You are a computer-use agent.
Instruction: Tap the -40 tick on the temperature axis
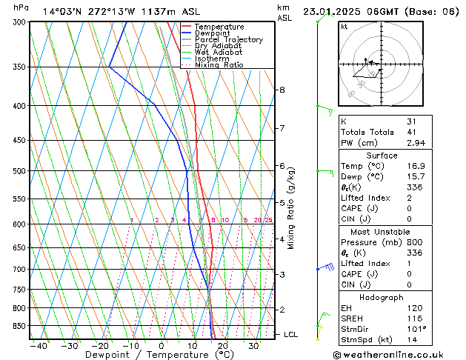click(39, 345)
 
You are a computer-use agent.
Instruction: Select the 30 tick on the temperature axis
click(253, 345)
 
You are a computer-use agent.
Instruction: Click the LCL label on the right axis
click(291, 334)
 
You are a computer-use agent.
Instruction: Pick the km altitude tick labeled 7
click(282, 128)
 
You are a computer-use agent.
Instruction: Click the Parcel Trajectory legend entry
click(228, 40)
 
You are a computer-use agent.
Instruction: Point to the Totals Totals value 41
click(411, 132)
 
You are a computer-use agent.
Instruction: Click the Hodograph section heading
click(382, 297)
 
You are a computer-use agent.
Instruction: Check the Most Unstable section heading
click(382, 232)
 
